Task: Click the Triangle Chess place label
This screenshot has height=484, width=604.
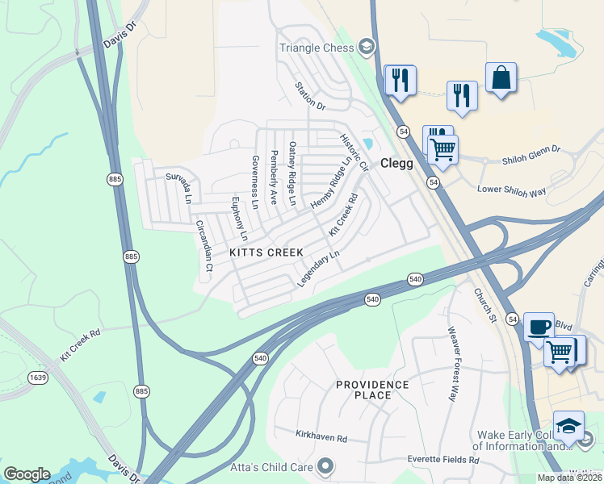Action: (x=317, y=48)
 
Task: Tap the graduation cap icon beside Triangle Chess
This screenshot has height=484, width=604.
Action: (x=367, y=46)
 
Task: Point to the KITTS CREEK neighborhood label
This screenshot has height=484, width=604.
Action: (x=266, y=252)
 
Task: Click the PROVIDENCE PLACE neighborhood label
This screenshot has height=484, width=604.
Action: (x=372, y=390)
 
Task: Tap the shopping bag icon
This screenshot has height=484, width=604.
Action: (x=501, y=78)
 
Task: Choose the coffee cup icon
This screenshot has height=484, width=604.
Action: (x=539, y=328)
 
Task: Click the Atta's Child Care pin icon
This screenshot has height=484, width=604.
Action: (x=325, y=465)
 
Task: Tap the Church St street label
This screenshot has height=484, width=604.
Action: (x=484, y=307)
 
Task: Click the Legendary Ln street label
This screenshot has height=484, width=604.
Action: (x=319, y=269)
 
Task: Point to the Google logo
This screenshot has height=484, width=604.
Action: (x=27, y=474)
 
